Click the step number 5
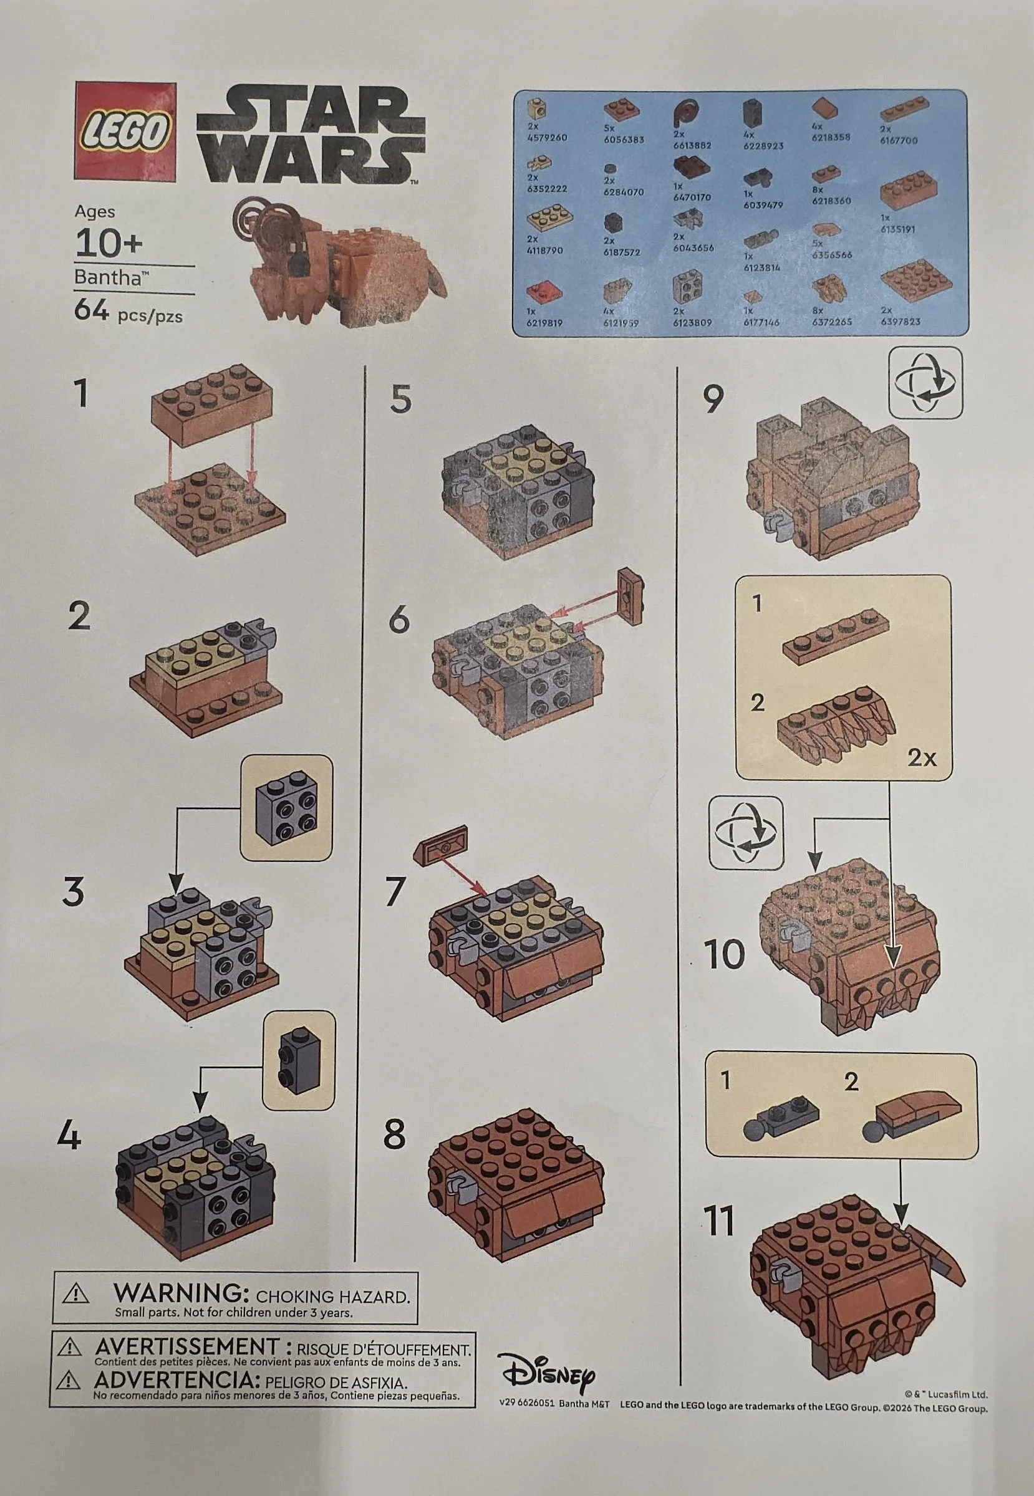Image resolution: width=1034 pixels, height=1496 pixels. tap(400, 399)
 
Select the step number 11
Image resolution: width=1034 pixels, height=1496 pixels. tap(719, 1221)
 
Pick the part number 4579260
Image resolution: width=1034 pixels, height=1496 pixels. tap(546, 137)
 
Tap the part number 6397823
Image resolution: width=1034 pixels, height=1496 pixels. tap(900, 321)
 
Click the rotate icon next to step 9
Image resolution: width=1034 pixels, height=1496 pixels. tap(927, 383)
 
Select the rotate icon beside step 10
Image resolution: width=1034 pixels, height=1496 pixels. tap(746, 833)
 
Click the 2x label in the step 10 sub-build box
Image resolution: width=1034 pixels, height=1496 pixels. tap(921, 757)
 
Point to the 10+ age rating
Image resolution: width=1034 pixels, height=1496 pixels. tap(108, 244)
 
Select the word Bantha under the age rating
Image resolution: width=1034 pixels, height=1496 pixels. tap(107, 277)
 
